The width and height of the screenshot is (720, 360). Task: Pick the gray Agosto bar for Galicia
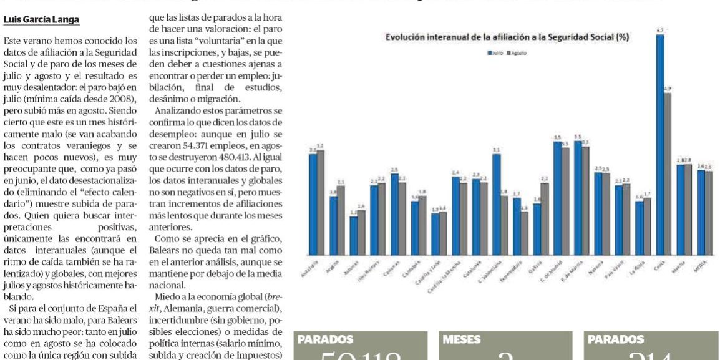[x=544, y=218]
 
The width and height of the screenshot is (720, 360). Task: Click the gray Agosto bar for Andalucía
[x=321, y=202]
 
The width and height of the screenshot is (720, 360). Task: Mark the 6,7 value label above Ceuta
[x=659, y=31]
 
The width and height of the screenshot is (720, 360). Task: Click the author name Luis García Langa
[x=41, y=20]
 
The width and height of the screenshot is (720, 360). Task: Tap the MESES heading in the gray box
[x=462, y=340]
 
